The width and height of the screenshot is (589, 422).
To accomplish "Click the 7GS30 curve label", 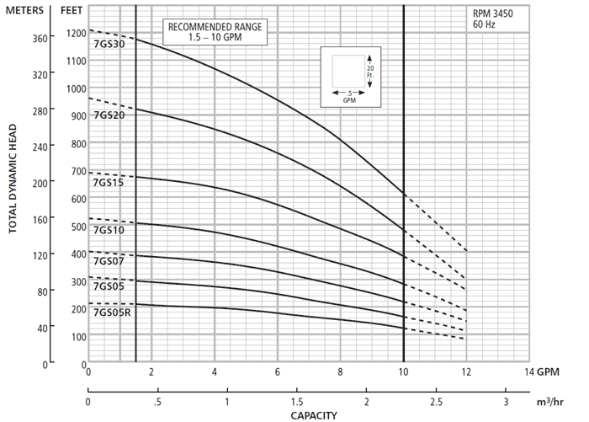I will click(109, 45).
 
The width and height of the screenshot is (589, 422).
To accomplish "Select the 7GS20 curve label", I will click(109, 115).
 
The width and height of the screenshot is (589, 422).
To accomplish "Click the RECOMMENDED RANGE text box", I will click(215, 33).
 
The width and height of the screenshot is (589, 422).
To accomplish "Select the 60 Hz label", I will click(484, 25).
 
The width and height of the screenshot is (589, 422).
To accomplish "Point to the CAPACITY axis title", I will click(314, 415).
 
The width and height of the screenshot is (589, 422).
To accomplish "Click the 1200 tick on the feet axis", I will click(76, 34).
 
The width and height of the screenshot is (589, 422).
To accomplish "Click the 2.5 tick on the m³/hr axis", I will click(436, 400).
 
